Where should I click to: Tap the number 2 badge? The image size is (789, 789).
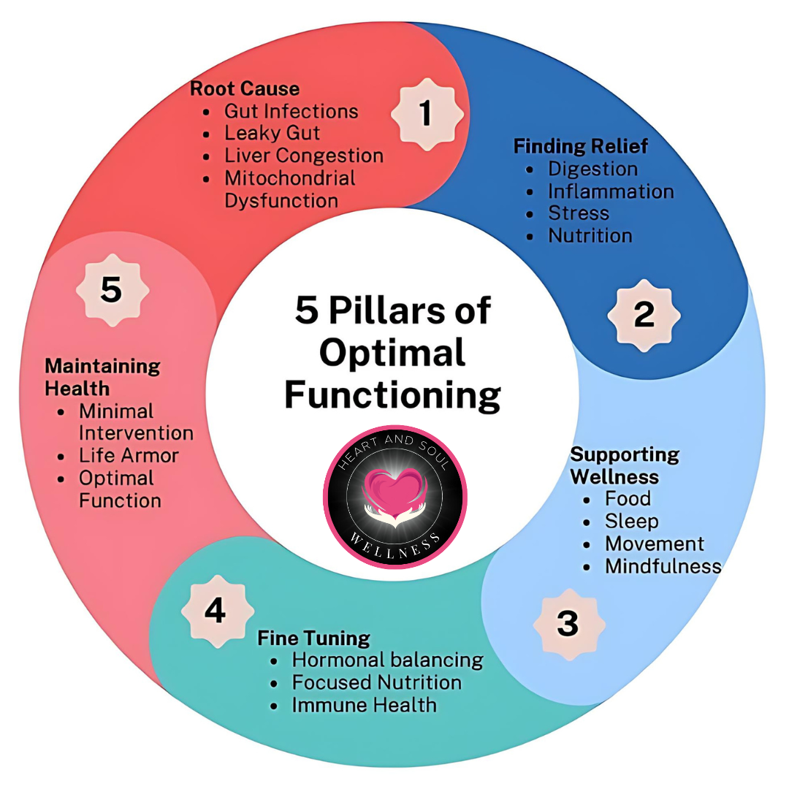[644, 315]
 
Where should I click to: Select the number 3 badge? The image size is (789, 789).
[568, 624]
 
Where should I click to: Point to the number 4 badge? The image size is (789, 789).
[215, 610]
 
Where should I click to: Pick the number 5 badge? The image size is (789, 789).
[111, 290]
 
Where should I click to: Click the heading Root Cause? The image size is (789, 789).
[245, 89]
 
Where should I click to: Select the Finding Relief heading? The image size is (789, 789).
[581, 146]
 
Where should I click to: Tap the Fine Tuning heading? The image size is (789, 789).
[313, 638]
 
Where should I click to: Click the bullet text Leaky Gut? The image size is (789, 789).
[272, 134]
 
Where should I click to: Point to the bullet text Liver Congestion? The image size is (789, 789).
[303, 156]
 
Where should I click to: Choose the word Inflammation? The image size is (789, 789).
[611, 191]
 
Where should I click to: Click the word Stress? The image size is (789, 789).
[579, 213]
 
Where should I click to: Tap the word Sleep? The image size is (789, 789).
[631, 522]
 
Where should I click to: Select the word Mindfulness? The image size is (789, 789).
[663, 566]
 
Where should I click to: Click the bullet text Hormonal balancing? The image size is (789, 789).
[387, 660]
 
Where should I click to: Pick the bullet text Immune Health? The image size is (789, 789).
[364, 705]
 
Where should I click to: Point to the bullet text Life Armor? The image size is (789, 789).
[129, 456]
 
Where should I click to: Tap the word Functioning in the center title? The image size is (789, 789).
[392, 395]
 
